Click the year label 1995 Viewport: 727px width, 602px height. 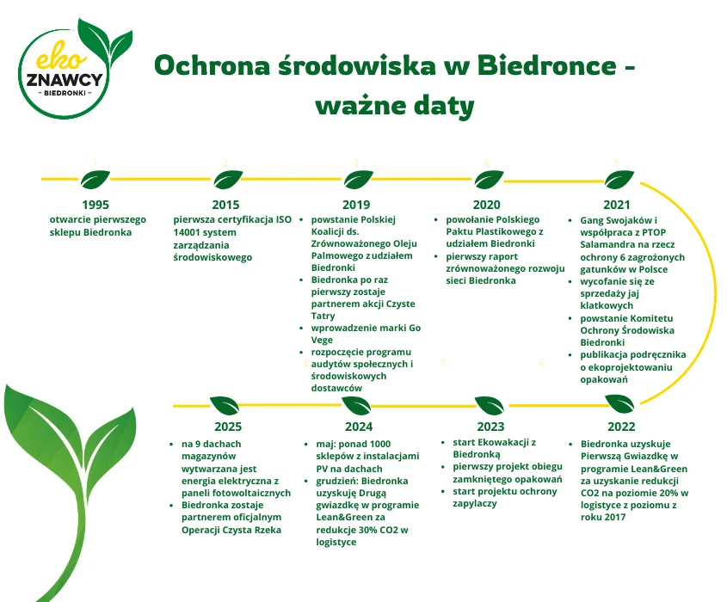95,205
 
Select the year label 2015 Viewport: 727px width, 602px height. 225,205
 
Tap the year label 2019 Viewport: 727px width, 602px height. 356,205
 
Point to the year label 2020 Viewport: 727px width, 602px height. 486,205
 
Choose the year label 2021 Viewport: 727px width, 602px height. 617,205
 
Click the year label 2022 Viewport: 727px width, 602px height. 620,427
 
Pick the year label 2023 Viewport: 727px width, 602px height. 490,427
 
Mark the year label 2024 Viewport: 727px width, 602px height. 358,427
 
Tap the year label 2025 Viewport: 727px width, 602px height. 228,427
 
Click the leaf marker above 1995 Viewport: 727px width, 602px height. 95,180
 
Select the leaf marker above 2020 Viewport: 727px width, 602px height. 488,180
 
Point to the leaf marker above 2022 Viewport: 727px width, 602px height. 620,402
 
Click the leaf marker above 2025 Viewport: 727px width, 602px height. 225,404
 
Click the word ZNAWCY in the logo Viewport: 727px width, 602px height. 65,80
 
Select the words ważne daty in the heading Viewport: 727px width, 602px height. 395,106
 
